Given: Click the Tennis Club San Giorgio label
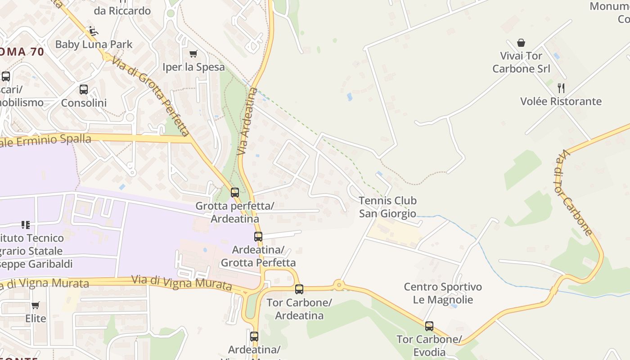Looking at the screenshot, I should click(x=387, y=207).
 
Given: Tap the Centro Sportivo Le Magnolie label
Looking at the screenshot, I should click(x=443, y=293).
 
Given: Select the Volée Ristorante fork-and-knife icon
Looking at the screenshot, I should click(x=561, y=88).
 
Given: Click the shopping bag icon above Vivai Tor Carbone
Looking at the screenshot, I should click(x=521, y=43).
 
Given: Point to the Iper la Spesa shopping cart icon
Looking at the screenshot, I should click(x=193, y=54).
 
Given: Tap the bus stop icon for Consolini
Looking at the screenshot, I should click(x=84, y=90).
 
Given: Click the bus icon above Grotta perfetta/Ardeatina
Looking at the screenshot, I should click(x=234, y=193).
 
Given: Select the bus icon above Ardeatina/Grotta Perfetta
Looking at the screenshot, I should click(x=258, y=236).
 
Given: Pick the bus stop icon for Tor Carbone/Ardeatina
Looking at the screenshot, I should click(x=299, y=289).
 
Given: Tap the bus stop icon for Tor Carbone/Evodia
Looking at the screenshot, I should click(x=429, y=326).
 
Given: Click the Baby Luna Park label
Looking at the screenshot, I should click(x=94, y=44).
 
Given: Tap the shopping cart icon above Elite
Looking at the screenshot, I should click(x=36, y=306).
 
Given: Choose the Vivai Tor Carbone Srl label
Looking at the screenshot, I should click(x=521, y=62).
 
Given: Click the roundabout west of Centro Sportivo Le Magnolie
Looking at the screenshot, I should click(x=338, y=285).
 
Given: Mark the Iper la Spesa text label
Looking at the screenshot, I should click(x=193, y=67).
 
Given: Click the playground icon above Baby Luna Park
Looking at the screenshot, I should click(x=93, y=31).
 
